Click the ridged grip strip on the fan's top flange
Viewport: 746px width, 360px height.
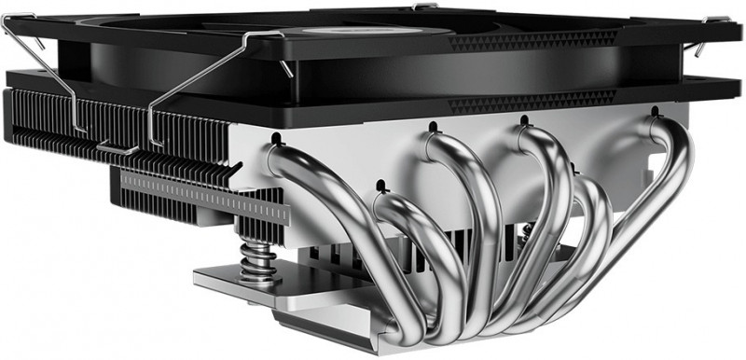(532, 41)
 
